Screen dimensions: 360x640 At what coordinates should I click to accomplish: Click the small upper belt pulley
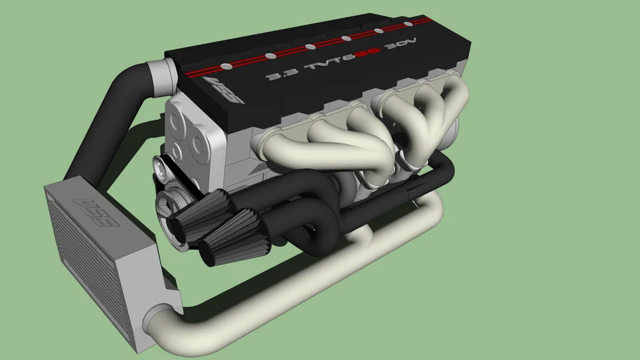(162, 169)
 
